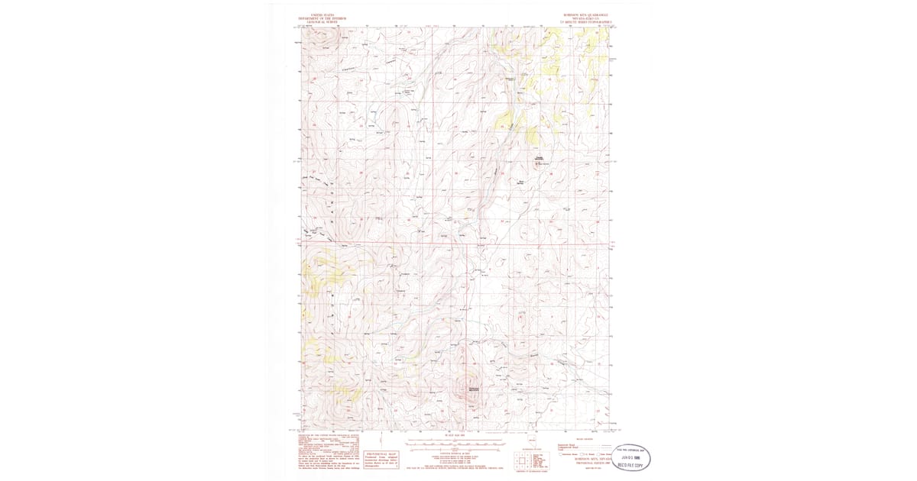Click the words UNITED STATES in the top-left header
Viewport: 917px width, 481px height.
pyautogui.click(x=322, y=15)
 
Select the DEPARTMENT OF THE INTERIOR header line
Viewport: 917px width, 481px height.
pyautogui.click(x=322, y=18)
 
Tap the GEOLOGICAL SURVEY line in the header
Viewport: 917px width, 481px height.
pyautogui.click(x=322, y=22)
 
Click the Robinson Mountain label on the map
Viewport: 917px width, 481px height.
pyautogui.click(x=473, y=390)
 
